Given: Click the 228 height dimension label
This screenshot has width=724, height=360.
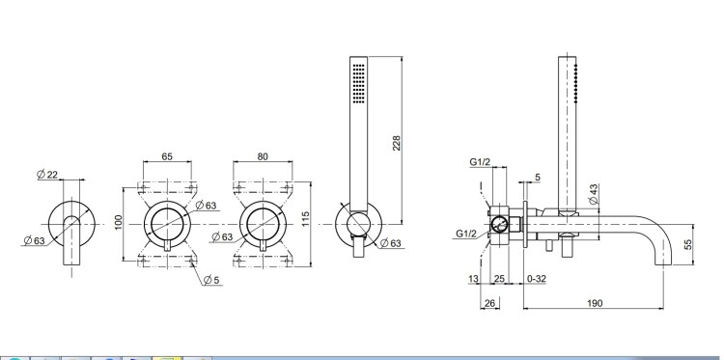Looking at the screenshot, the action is tap(397, 143).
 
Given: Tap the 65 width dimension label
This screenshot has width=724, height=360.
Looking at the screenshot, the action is tap(167, 156).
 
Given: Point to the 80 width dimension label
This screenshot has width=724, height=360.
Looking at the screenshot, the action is tap(263, 156).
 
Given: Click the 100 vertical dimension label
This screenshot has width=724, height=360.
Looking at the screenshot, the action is tap(118, 223).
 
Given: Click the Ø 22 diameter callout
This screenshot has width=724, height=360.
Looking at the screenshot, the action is tap(47, 174).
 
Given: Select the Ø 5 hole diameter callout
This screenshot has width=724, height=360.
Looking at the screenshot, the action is tap(211, 279).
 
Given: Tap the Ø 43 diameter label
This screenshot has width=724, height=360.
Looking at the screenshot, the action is tap(594, 194).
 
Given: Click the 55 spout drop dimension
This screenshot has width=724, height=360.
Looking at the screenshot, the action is tap(688, 244).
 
